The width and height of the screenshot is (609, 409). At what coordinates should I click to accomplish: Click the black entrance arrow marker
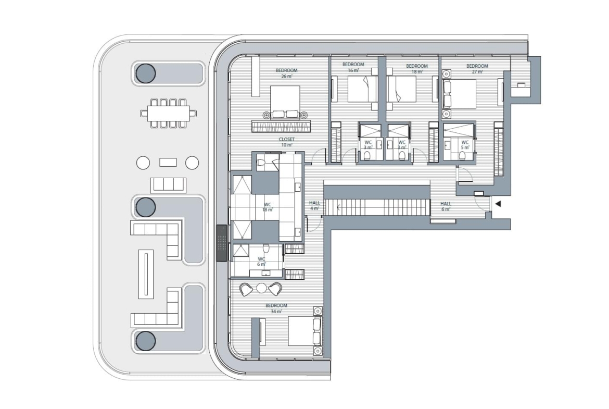point(498,204)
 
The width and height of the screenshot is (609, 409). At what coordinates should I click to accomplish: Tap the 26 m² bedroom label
point(287,73)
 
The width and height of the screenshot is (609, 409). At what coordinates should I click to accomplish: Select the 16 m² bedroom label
point(353,67)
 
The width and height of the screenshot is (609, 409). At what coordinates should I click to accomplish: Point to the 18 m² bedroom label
point(417,69)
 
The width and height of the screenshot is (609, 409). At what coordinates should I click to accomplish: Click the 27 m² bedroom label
point(477,69)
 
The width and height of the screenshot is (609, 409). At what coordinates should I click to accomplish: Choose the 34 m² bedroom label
point(276,308)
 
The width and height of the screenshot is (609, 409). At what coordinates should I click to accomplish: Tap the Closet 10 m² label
point(287,142)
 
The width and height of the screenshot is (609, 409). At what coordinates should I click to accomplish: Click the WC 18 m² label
point(268,207)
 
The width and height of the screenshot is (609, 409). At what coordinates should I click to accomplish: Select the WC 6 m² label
point(261,262)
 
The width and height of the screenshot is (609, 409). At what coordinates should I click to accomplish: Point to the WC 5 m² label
point(465,145)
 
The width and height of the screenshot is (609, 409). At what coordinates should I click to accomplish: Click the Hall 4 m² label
point(314,206)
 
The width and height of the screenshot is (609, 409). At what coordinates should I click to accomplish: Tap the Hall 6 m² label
point(446,206)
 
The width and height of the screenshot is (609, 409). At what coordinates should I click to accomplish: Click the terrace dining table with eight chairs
point(169,114)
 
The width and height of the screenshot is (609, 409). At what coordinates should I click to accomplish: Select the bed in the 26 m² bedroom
point(285,102)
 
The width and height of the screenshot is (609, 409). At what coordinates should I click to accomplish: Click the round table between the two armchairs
point(262,288)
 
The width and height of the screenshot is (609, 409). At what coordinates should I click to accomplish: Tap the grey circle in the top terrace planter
point(146,73)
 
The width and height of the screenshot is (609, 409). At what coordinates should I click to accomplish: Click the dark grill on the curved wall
point(221,243)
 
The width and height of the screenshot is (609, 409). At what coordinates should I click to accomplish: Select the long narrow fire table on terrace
point(146,274)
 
